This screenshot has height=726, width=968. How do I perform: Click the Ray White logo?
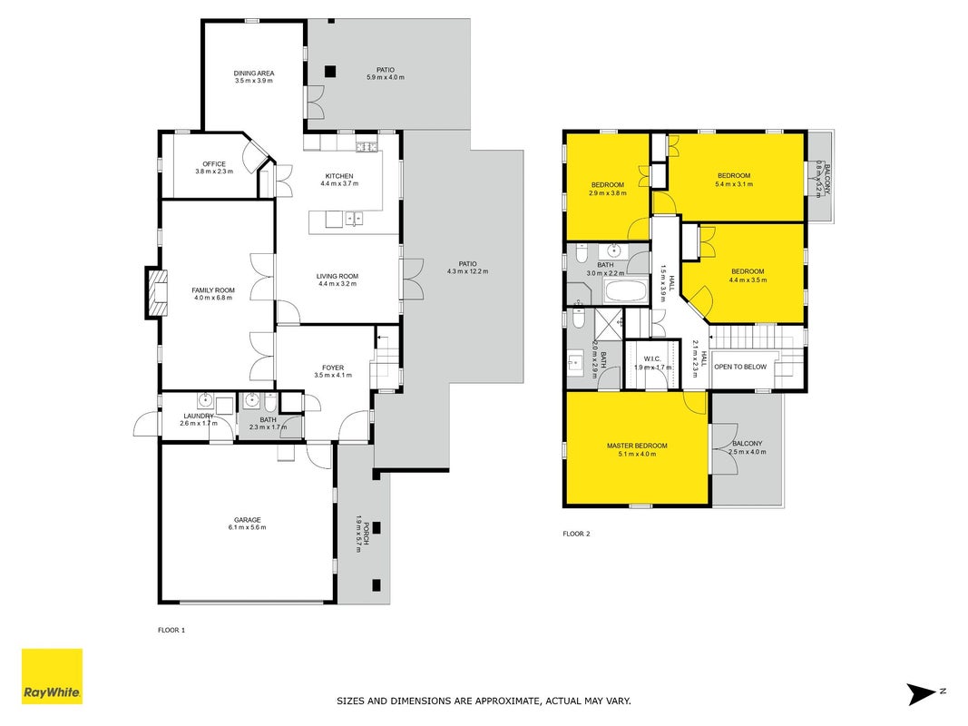click(x=52, y=676)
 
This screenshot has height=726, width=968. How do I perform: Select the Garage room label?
click(x=247, y=520)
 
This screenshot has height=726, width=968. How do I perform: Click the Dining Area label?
click(x=254, y=73)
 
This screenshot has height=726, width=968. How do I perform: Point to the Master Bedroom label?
click(x=637, y=446)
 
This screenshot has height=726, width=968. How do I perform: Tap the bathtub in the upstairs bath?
click(x=625, y=291)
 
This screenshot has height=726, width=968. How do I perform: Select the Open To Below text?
click(x=740, y=367)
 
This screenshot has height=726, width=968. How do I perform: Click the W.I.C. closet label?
click(x=652, y=359)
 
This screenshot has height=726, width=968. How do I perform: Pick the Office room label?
click(x=214, y=164)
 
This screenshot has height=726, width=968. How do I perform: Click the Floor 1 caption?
click(x=171, y=631)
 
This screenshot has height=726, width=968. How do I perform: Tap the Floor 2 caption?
click(x=577, y=534)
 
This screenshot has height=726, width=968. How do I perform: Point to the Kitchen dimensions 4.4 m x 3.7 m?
click(x=339, y=183)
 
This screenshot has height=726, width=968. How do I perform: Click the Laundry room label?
click(x=199, y=417)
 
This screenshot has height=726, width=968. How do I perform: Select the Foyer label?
click(x=333, y=368)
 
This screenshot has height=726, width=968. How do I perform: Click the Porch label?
click(x=367, y=534)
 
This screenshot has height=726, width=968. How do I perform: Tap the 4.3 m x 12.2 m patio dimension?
click(x=467, y=271)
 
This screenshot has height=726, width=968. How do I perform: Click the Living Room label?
click(x=337, y=277)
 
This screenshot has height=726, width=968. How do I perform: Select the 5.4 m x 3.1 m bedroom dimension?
click(x=734, y=184)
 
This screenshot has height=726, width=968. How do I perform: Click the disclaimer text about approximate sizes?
click(x=484, y=701)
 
